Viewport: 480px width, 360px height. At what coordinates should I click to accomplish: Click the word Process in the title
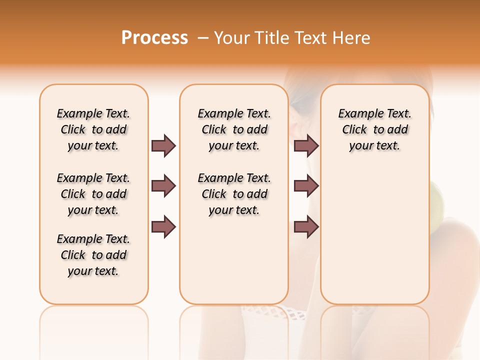pyautogui.click(x=154, y=38)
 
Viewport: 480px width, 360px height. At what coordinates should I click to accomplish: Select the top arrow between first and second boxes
pyautogui.click(x=163, y=145)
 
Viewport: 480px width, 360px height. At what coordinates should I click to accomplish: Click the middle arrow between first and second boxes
pyautogui.click(x=163, y=186)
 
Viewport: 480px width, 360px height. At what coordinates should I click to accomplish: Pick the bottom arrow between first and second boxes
pyautogui.click(x=163, y=226)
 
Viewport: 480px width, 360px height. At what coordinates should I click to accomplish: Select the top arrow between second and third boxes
pyautogui.click(x=306, y=145)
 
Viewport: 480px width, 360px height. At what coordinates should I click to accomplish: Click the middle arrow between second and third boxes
pyautogui.click(x=306, y=186)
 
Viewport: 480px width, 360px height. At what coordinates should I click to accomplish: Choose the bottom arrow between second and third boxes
pyautogui.click(x=306, y=226)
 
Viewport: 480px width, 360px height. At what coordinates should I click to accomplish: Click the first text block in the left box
pyautogui.click(x=93, y=129)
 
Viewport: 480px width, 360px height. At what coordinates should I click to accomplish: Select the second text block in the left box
pyautogui.click(x=93, y=194)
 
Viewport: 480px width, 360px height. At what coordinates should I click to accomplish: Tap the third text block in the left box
pyautogui.click(x=93, y=255)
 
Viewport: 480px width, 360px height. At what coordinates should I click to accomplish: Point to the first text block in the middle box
pyautogui.click(x=234, y=129)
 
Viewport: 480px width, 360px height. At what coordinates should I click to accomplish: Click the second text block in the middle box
pyautogui.click(x=234, y=194)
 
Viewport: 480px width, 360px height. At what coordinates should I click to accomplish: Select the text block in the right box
pyautogui.click(x=374, y=129)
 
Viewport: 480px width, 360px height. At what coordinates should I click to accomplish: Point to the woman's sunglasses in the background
pyautogui.click(x=300, y=102)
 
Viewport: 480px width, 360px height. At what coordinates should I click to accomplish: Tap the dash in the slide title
pyautogui.click(x=202, y=38)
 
